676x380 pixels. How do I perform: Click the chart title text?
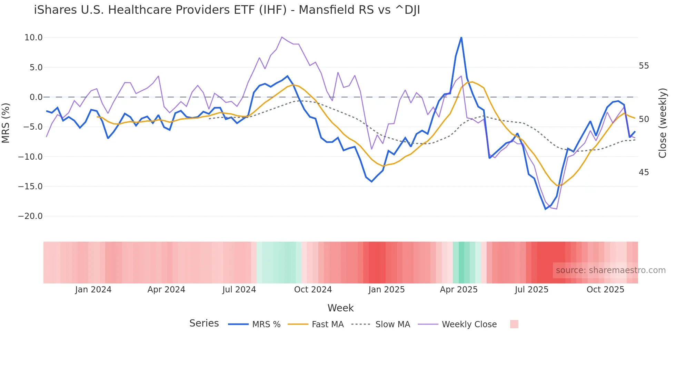(x=227, y=10)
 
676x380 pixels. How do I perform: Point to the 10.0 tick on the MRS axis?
(x=33, y=38)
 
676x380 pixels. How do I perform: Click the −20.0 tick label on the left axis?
(x=30, y=216)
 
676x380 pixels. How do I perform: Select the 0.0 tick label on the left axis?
(x=36, y=97)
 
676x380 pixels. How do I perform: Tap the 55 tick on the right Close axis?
(x=644, y=66)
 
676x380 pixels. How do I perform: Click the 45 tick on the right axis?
(x=644, y=172)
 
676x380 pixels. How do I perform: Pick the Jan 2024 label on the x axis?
(x=93, y=290)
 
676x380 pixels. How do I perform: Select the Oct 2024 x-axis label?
(x=313, y=290)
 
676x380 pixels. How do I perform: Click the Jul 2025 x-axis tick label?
(x=531, y=290)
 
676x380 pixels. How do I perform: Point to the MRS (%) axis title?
(x=6, y=123)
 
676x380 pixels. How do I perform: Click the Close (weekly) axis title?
(x=662, y=123)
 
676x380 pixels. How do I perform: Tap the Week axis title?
(x=340, y=308)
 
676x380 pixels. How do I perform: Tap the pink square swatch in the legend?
(x=514, y=324)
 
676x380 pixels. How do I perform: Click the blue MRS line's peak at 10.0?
(x=461, y=38)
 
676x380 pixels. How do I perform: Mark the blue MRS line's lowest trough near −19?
(x=546, y=209)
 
